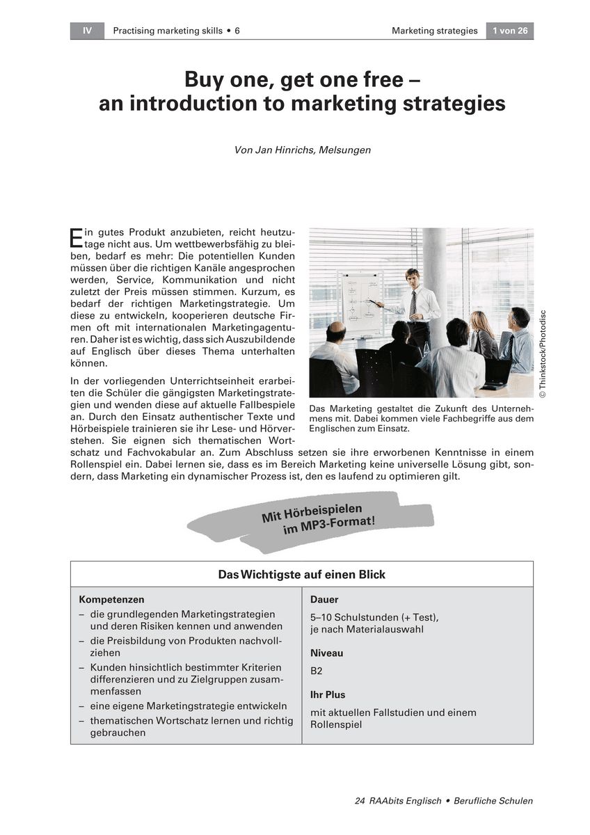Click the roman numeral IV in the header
coord(87,31)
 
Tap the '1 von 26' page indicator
coord(510,31)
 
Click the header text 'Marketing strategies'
coord(434,31)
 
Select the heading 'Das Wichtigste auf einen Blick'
coord(302,574)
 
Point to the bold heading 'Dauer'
coord(324,599)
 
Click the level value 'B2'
coord(317,671)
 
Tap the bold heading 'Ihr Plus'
coord(328,694)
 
